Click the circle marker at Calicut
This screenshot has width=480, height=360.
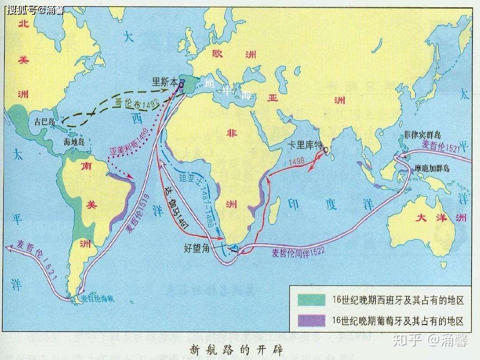point(326,150)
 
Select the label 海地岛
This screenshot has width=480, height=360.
point(75,142)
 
